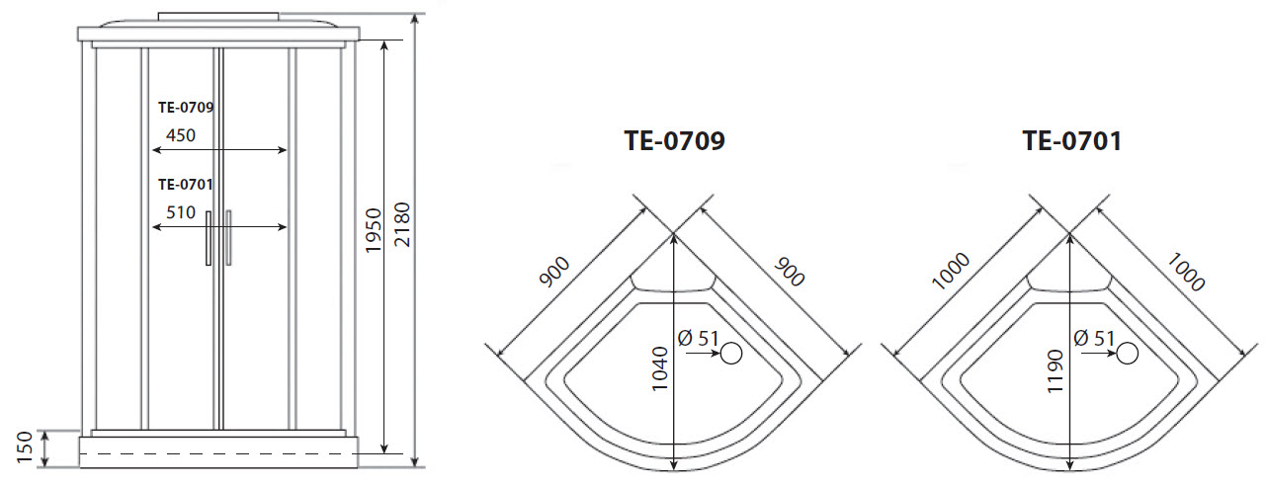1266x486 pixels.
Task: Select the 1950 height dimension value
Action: coord(374,233)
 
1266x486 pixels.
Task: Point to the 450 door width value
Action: coord(181,135)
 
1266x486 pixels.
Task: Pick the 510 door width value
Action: coord(181,212)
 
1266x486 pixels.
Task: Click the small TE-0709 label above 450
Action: coord(187,107)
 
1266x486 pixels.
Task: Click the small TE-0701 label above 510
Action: coord(187,184)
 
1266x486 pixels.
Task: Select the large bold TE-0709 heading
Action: coord(675,141)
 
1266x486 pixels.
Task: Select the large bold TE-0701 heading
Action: coord(1071,141)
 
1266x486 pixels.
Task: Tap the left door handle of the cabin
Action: coord(208,237)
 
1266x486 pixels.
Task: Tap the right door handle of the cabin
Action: coord(228,237)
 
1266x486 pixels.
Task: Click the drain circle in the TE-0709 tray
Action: coord(731,353)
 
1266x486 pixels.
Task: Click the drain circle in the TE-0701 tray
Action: coord(1127,353)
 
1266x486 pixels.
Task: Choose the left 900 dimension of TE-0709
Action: coord(556,273)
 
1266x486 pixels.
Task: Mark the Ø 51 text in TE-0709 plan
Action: coord(698,338)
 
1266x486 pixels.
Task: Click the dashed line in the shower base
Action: coord(217,452)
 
